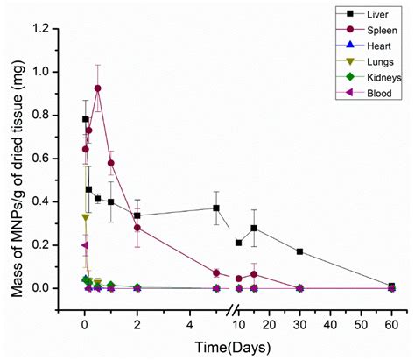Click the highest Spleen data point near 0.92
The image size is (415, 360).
(97, 88)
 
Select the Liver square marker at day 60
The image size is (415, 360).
(391, 286)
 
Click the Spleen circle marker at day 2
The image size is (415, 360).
(137, 228)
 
